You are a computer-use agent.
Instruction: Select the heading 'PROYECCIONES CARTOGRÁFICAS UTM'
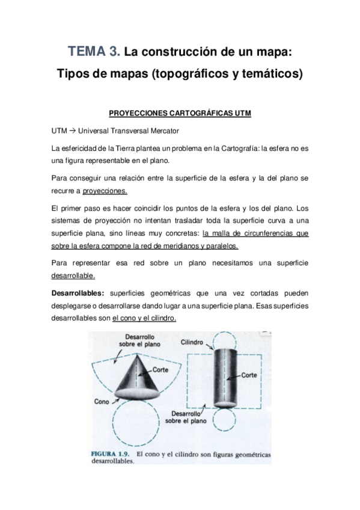click(180, 112)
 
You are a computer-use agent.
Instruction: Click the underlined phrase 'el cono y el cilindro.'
click(144, 318)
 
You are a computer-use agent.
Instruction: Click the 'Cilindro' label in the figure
click(193, 342)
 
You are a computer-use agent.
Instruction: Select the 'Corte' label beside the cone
click(160, 370)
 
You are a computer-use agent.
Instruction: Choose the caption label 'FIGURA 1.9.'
click(111, 450)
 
